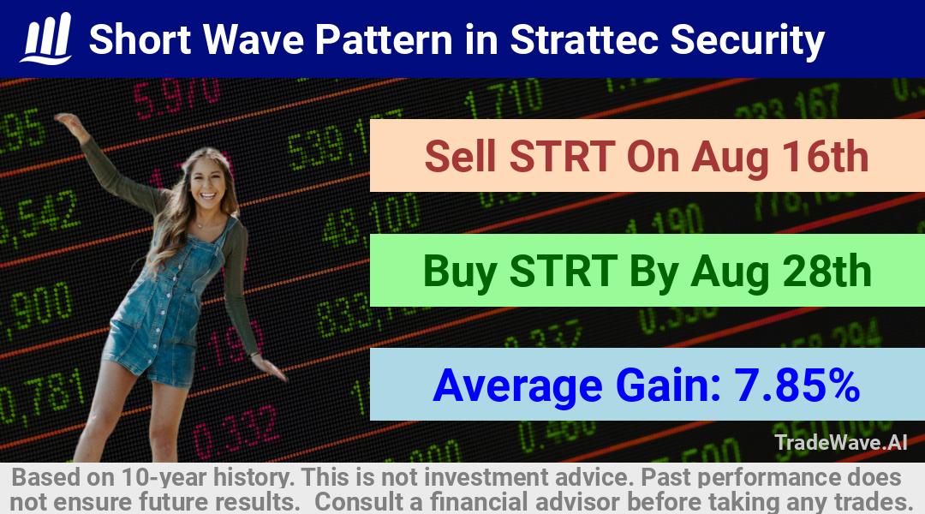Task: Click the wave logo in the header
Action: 46,39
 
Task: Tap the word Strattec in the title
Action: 584,39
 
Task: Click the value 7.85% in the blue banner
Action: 797,385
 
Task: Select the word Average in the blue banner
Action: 517,386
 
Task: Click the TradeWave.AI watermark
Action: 841,443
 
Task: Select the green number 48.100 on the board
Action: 372,219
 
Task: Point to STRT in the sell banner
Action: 562,157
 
